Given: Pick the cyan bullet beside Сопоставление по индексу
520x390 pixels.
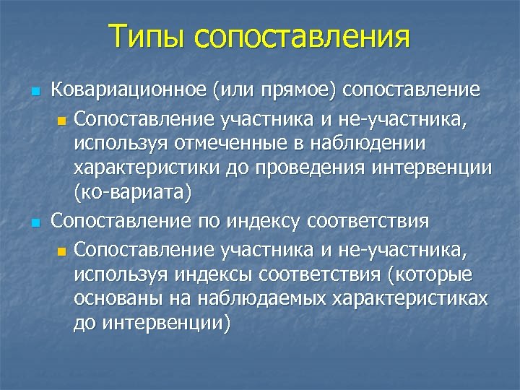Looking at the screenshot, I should click(35, 222).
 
